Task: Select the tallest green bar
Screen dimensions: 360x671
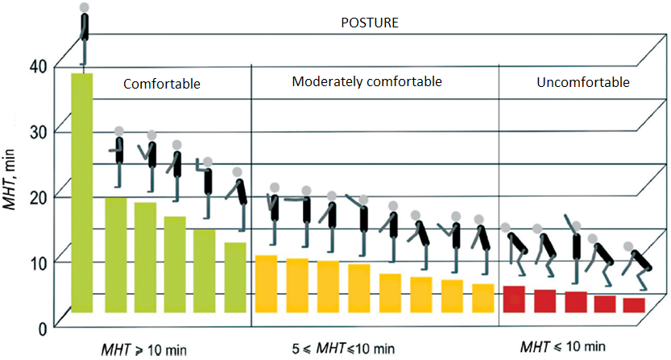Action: point(82,192)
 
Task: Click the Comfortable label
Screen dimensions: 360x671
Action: point(161,83)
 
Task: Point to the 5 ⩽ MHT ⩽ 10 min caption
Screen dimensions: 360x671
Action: point(343,350)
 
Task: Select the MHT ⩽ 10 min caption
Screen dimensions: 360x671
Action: point(562,347)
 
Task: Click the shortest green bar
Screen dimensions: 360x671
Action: point(235,277)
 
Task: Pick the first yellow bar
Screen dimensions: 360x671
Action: point(266,283)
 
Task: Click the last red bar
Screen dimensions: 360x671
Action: point(634,304)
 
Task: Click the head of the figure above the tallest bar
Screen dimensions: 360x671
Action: point(85,7)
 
